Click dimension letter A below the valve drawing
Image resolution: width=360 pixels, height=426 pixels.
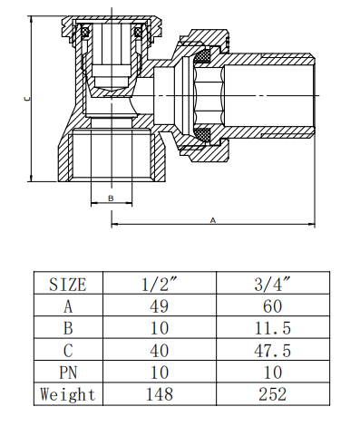click(x=212, y=220)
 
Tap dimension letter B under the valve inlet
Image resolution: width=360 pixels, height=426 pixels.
click(x=111, y=197)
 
